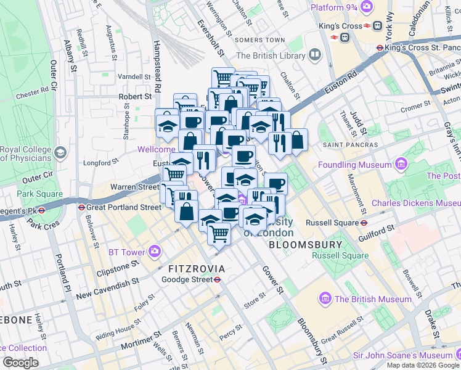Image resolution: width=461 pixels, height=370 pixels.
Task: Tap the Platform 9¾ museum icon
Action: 367,7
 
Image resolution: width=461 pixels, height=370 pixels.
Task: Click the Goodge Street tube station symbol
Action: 218,279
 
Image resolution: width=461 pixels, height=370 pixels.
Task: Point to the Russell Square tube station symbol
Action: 364,223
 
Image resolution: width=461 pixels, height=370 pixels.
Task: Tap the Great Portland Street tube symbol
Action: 81,207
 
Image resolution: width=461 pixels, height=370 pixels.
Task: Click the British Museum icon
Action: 325,299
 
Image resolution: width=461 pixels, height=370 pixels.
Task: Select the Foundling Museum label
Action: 355,165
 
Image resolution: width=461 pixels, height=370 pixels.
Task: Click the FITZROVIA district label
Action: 197,269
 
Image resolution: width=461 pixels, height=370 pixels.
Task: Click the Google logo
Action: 21,362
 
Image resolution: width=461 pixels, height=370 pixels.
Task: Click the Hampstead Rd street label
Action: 157,68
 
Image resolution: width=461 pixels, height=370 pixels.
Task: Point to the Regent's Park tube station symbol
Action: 41,210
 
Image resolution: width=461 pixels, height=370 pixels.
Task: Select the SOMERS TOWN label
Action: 259,40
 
